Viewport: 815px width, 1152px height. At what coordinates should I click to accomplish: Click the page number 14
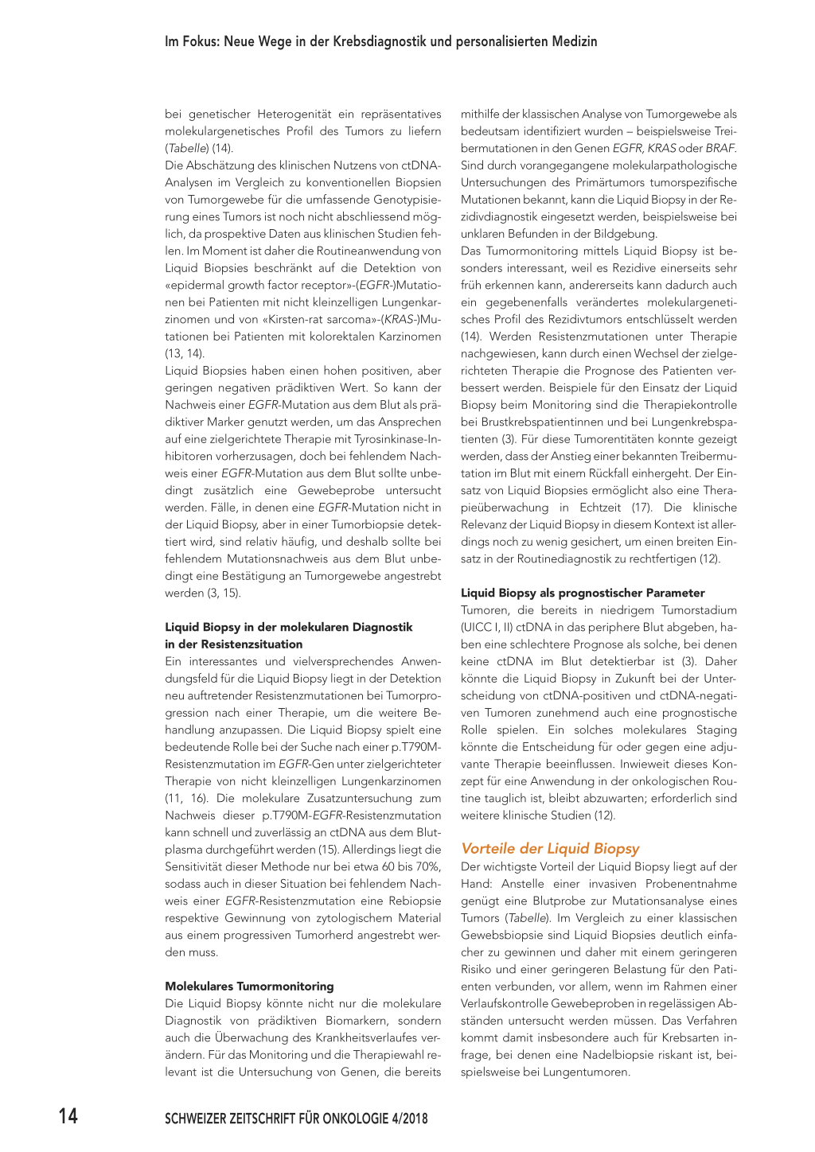[68, 1116]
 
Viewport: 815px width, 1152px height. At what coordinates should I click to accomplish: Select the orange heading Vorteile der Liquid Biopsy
[550, 848]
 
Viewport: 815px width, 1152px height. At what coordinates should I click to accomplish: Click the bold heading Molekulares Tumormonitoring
[249, 986]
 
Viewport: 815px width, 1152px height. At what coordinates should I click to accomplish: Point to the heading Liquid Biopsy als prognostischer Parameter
[583, 593]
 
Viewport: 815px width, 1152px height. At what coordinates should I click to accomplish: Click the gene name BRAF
[720, 148]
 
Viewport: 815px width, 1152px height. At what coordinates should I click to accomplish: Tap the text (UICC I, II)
[487, 627]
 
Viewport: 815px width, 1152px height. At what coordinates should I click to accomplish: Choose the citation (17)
[641, 508]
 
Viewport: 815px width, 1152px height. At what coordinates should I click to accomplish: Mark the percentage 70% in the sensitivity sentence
[427, 866]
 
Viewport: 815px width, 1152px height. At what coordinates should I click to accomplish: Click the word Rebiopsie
[415, 901]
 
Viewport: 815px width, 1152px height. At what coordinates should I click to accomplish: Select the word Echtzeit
[602, 508]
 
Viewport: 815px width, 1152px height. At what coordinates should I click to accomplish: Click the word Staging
[716, 730]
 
